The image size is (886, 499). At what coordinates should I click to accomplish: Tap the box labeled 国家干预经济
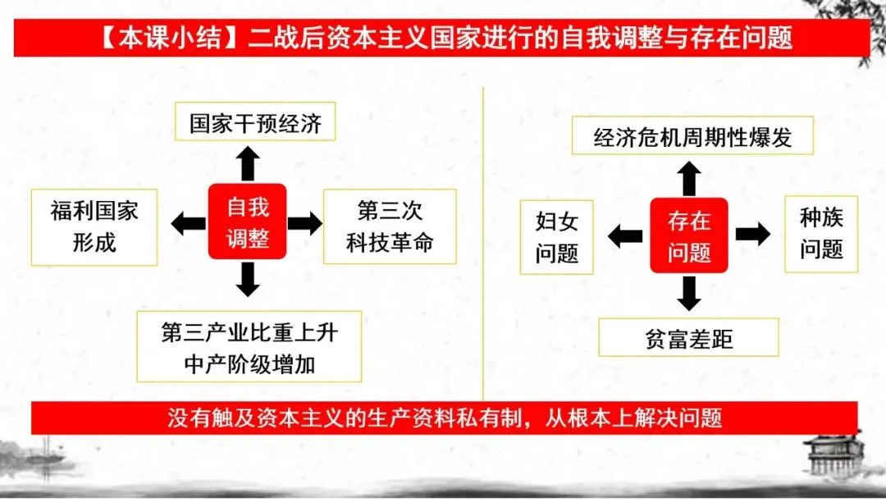[x=256, y=124]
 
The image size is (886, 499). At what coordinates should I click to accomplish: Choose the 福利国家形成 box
[x=94, y=227]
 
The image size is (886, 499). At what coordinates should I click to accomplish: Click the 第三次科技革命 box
[x=390, y=227]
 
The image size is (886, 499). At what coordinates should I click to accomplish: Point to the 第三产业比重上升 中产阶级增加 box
[x=249, y=346]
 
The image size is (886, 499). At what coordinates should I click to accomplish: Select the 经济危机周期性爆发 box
[x=693, y=136]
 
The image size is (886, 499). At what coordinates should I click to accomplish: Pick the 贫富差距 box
[x=688, y=337]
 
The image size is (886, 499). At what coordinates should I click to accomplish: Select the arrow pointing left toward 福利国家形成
[x=188, y=222]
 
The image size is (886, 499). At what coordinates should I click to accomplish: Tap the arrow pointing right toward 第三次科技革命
[x=305, y=222]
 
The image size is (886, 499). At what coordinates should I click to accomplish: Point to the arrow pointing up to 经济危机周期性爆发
[x=689, y=178]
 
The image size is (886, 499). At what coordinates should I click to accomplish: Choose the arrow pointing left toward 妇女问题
[x=625, y=236]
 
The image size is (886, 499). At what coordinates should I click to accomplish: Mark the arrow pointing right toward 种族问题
[x=752, y=234]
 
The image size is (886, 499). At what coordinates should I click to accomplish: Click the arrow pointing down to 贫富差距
[x=689, y=293]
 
